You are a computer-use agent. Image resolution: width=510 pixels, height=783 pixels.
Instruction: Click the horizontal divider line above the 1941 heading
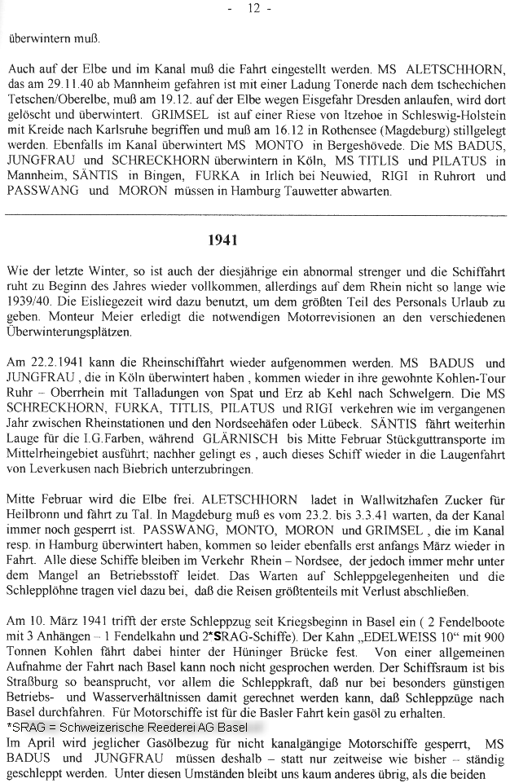point(254,214)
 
